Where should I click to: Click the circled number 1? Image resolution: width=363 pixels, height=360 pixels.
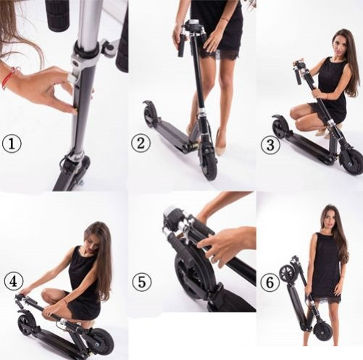[x=12, y=143]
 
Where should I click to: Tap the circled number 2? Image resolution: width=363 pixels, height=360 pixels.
[x=141, y=143]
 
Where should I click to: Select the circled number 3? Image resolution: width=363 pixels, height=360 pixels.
[x=270, y=146]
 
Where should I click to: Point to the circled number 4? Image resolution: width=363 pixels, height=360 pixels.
[x=14, y=282]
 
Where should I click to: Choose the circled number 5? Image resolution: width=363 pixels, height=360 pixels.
[x=142, y=282]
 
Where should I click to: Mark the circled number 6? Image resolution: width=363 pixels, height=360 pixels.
[x=270, y=282]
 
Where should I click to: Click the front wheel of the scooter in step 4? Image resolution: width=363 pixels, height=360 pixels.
[x=101, y=340]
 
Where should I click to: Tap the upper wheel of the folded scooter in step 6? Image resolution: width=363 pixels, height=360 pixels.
[x=287, y=272]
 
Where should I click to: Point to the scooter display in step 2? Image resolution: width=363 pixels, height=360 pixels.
[x=193, y=22]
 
